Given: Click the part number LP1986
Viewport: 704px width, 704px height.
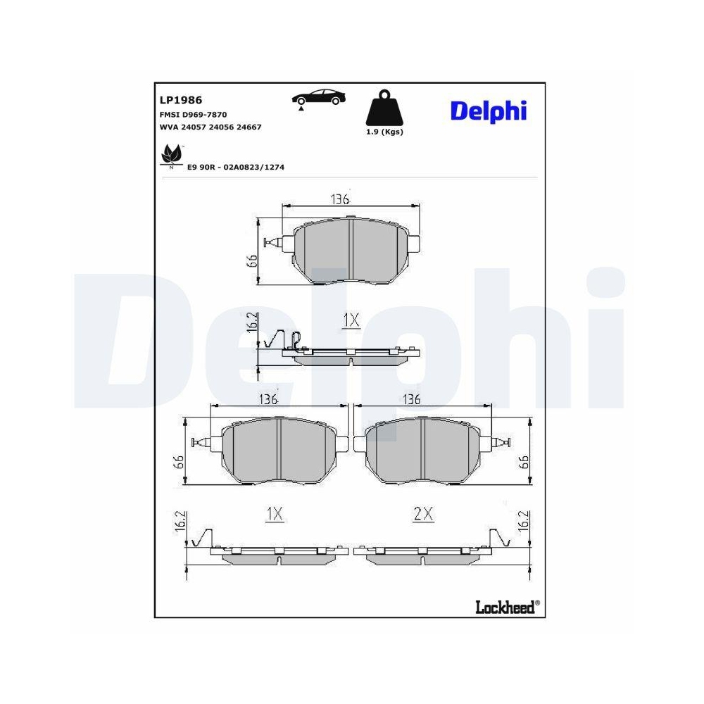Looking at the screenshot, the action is pos(180,100).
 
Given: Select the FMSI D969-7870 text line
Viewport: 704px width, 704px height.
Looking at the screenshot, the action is pos(193,115).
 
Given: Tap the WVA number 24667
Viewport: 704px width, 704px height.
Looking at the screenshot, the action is pos(249,127).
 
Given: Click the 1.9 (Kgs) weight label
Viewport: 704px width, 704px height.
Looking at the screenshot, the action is pos(384,132).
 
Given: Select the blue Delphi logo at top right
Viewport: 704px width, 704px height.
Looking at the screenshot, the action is pos(489,111).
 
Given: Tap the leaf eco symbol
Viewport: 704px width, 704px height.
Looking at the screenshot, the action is pos(172,156).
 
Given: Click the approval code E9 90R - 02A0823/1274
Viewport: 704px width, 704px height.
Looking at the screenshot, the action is pos(236,167).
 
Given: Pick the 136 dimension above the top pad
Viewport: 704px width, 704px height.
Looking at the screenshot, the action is pos(340,199).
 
